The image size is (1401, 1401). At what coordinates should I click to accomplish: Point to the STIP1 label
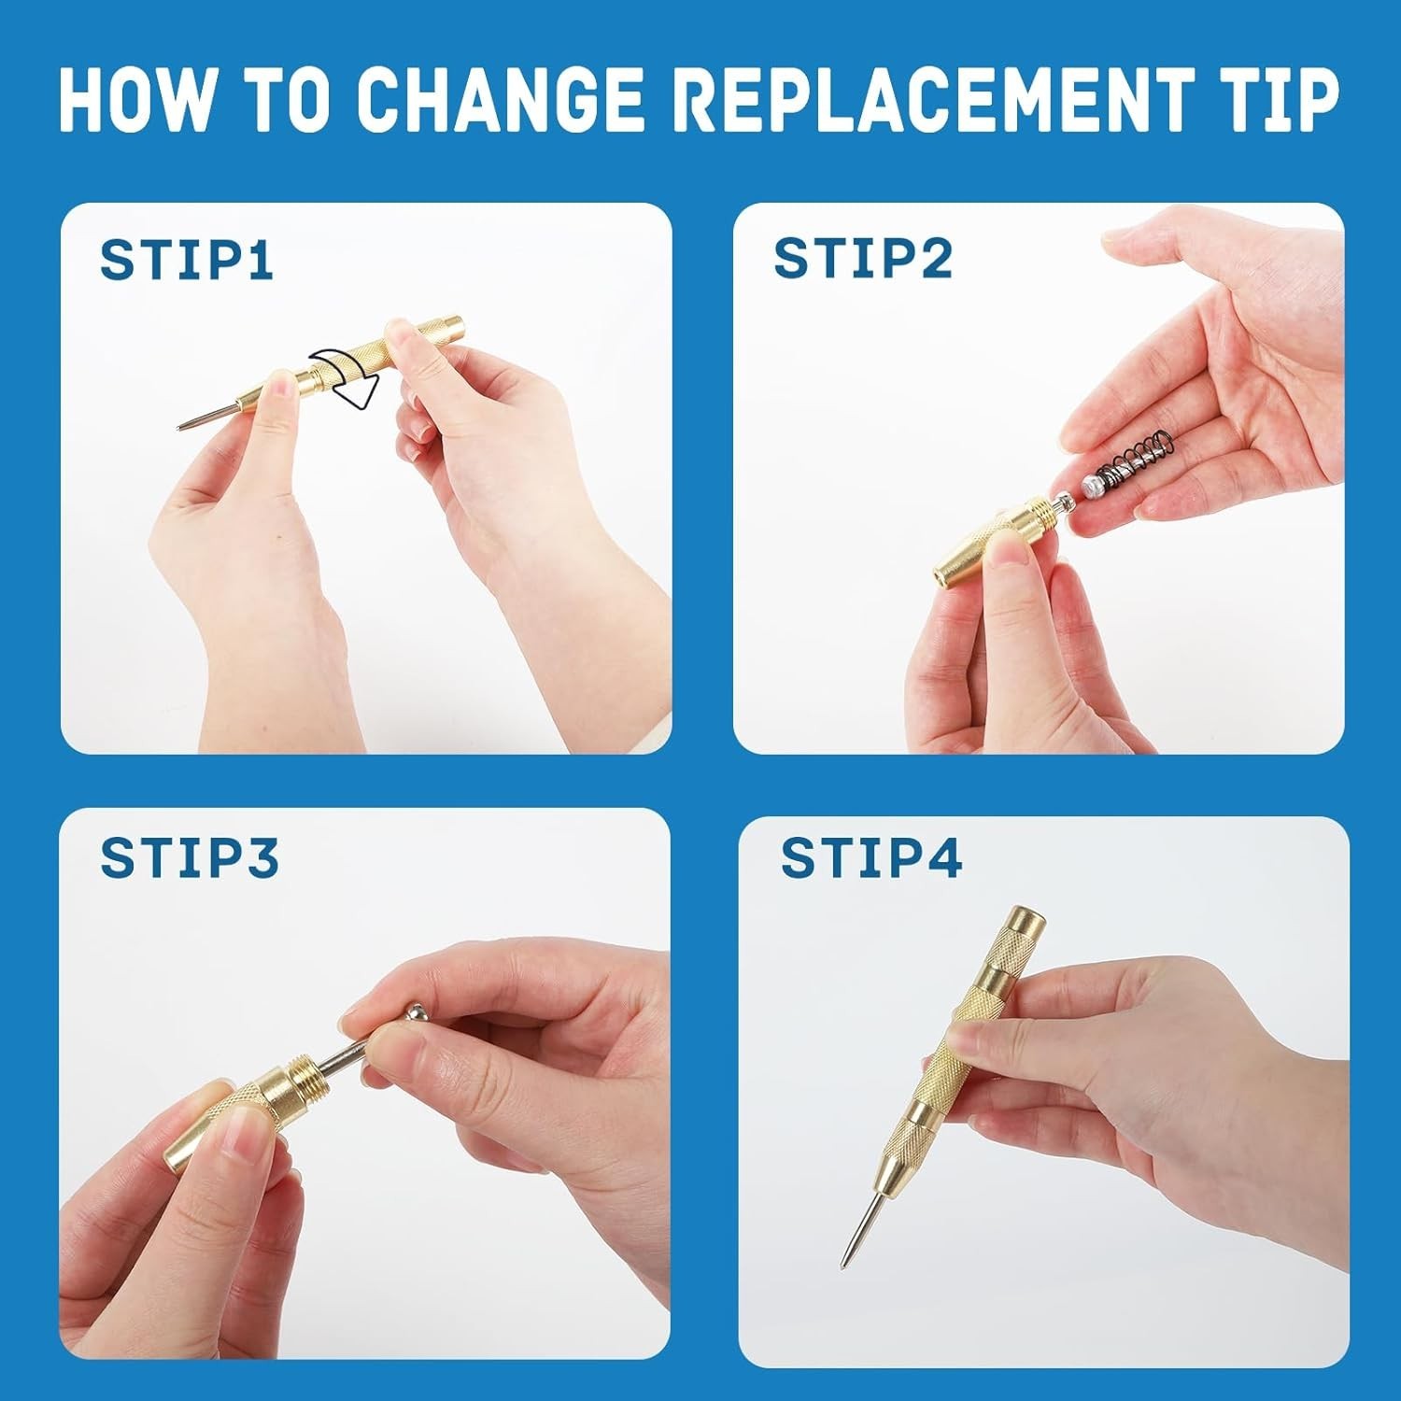click(x=187, y=260)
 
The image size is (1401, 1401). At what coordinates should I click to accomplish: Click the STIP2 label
click(x=863, y=258)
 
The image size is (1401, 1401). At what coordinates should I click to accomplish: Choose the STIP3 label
click(x=190, y=857)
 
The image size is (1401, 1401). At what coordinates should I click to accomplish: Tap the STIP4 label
click(x=871, y=858)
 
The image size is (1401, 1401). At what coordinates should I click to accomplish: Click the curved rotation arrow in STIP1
click(x=346, y=378)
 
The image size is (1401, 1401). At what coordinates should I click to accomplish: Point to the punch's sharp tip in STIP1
click(x=179, y=429)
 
